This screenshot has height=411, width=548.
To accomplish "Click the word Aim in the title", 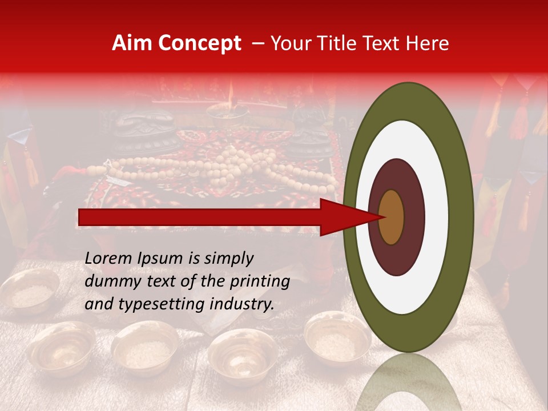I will (x=131, y=43).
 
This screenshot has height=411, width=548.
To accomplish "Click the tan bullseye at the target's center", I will (x=391, y=217).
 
